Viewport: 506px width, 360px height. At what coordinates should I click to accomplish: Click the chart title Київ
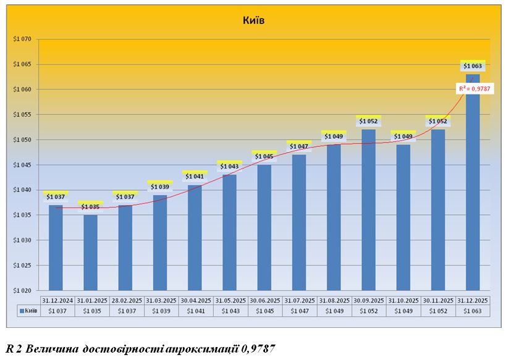click(x=253, y=20)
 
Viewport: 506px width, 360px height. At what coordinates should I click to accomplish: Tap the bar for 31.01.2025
click(x=90, y=253)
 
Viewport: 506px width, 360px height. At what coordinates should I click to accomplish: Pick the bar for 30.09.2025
click(x=368, y=210)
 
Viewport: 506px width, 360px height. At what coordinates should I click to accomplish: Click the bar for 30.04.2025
click(x=195, y=238)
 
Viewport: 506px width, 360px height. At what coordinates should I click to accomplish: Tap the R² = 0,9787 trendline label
click(x=472, y=90)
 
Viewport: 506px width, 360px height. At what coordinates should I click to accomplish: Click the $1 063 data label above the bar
click(x=473, y=66)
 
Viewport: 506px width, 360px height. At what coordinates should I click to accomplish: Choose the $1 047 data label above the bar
click(x=298, y=147)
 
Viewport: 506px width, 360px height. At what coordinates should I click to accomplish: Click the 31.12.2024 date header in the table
click(x=57, y=300)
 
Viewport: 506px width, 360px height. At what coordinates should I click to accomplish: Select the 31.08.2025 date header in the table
click(x=334, y=300)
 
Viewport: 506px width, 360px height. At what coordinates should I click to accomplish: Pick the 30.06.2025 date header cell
click(x=265, y=300)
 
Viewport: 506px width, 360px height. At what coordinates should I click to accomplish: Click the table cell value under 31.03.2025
click(x=161, y=311)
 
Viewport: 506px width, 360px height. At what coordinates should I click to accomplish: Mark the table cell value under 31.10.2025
click(x=403, y=311)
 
